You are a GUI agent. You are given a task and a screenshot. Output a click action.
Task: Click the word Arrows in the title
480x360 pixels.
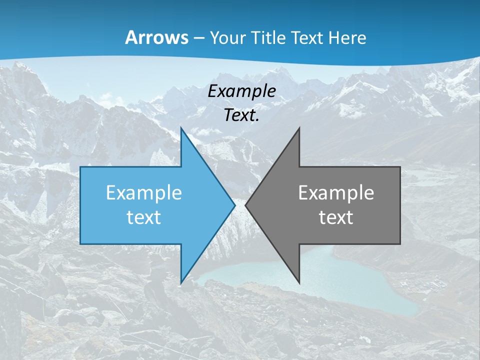click(156, 37)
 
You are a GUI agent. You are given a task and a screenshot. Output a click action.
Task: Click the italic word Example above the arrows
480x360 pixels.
click(241, 91)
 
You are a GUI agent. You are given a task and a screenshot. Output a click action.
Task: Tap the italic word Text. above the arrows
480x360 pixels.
click(241, 115)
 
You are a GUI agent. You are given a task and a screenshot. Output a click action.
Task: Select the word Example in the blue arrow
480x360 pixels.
click(144, 193)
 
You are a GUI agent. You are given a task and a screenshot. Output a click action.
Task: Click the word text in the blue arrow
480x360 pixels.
click(144, 217)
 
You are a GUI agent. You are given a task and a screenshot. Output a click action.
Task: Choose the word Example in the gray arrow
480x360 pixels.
click(336, 193)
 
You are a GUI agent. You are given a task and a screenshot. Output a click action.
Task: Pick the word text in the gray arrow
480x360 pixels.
click(336, 217)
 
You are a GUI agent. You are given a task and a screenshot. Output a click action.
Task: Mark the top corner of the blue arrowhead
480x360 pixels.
click(181, 128)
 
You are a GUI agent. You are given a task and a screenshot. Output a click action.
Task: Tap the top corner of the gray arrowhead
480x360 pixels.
click(299, 128)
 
